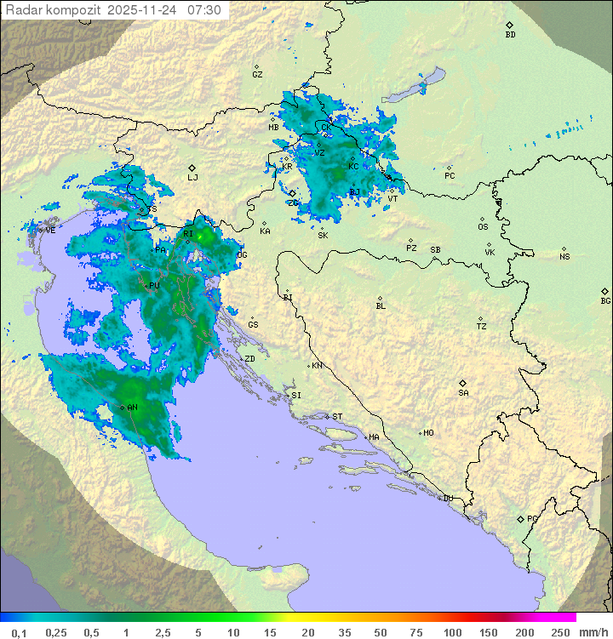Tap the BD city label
510,35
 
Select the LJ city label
192,178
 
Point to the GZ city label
257,74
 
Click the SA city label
463,393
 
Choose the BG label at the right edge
605,300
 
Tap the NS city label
564,257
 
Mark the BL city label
381,306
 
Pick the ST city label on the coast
337,417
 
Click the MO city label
428,433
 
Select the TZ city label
482,327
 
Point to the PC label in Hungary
450,176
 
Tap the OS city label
483,227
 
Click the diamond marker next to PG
520,518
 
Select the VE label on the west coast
50,231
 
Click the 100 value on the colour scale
452,632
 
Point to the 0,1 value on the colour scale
19,632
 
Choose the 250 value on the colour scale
560,632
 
